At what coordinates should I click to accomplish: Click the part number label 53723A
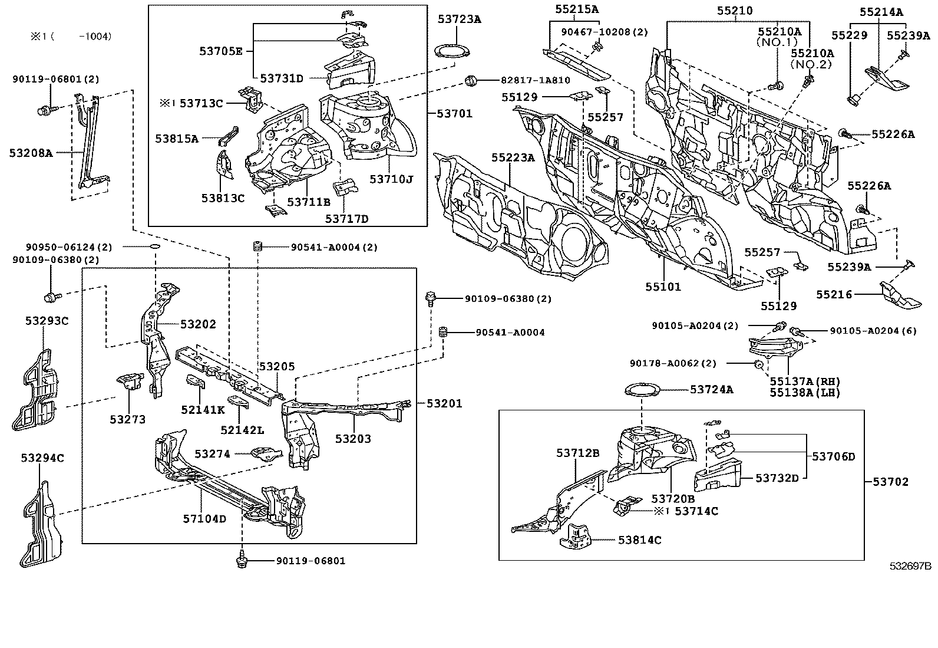(x=459, y=19)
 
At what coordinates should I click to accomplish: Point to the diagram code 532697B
(x=910, y=566)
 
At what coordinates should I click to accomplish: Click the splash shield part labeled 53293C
(x=39, y=389)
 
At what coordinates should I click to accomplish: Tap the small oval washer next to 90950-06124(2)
(x=154, y=248)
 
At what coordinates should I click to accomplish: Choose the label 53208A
(x=31, y=153)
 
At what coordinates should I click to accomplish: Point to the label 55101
(x=663, y=287)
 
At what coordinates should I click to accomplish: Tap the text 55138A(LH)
(x=805, y=393)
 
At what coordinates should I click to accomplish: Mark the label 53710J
(x=391, y=179)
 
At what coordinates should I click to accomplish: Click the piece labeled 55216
(x=897, y=297)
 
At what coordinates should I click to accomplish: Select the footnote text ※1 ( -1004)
(x=70, y=37)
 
